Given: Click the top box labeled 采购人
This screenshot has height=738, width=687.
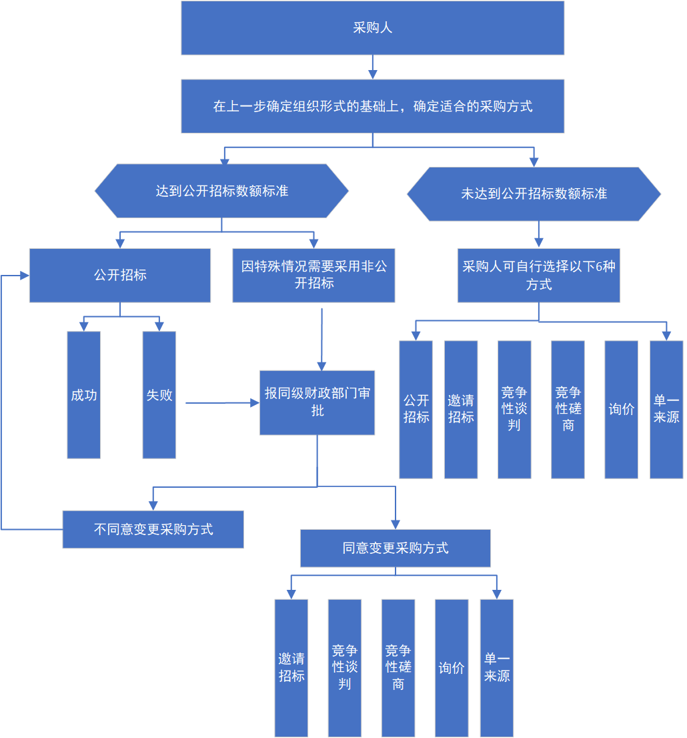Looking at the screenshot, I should coord(372,28).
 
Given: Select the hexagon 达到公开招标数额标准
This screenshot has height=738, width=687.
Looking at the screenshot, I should coord(221,191).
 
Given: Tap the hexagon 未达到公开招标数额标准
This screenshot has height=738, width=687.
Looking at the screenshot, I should coord(534,194).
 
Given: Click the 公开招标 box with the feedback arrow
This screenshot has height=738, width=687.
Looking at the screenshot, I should coord(120,275).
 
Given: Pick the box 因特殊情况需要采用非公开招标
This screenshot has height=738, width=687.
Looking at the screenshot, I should coord(313,275).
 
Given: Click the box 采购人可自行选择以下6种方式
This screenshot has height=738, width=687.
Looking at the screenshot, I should coord(539,275).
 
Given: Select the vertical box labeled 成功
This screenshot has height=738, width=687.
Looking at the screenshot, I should coord(84,395).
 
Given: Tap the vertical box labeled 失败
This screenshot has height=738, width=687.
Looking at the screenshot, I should coord(159,395).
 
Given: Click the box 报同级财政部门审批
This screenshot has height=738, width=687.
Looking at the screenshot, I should coord(317,402).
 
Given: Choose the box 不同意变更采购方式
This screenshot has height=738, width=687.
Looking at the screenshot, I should coord(153,529).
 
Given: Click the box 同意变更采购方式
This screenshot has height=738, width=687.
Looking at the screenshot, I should coord(396,548).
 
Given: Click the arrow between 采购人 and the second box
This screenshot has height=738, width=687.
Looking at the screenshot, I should coord(373,67).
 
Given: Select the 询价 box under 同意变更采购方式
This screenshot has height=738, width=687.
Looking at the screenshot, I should coord(452,667).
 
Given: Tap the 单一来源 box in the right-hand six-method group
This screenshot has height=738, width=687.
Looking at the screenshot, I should coord(666,409).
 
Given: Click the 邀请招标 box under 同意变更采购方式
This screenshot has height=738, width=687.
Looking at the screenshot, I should coord(291,667).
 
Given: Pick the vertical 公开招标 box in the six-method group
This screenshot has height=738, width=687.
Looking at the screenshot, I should coord(416,409).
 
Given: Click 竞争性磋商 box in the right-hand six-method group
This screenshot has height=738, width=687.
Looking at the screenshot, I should coord(568,409).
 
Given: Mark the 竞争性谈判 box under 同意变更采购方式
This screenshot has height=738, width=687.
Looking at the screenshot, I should coord(345,667).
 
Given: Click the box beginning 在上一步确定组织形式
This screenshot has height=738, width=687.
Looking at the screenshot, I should coord(372,106).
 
